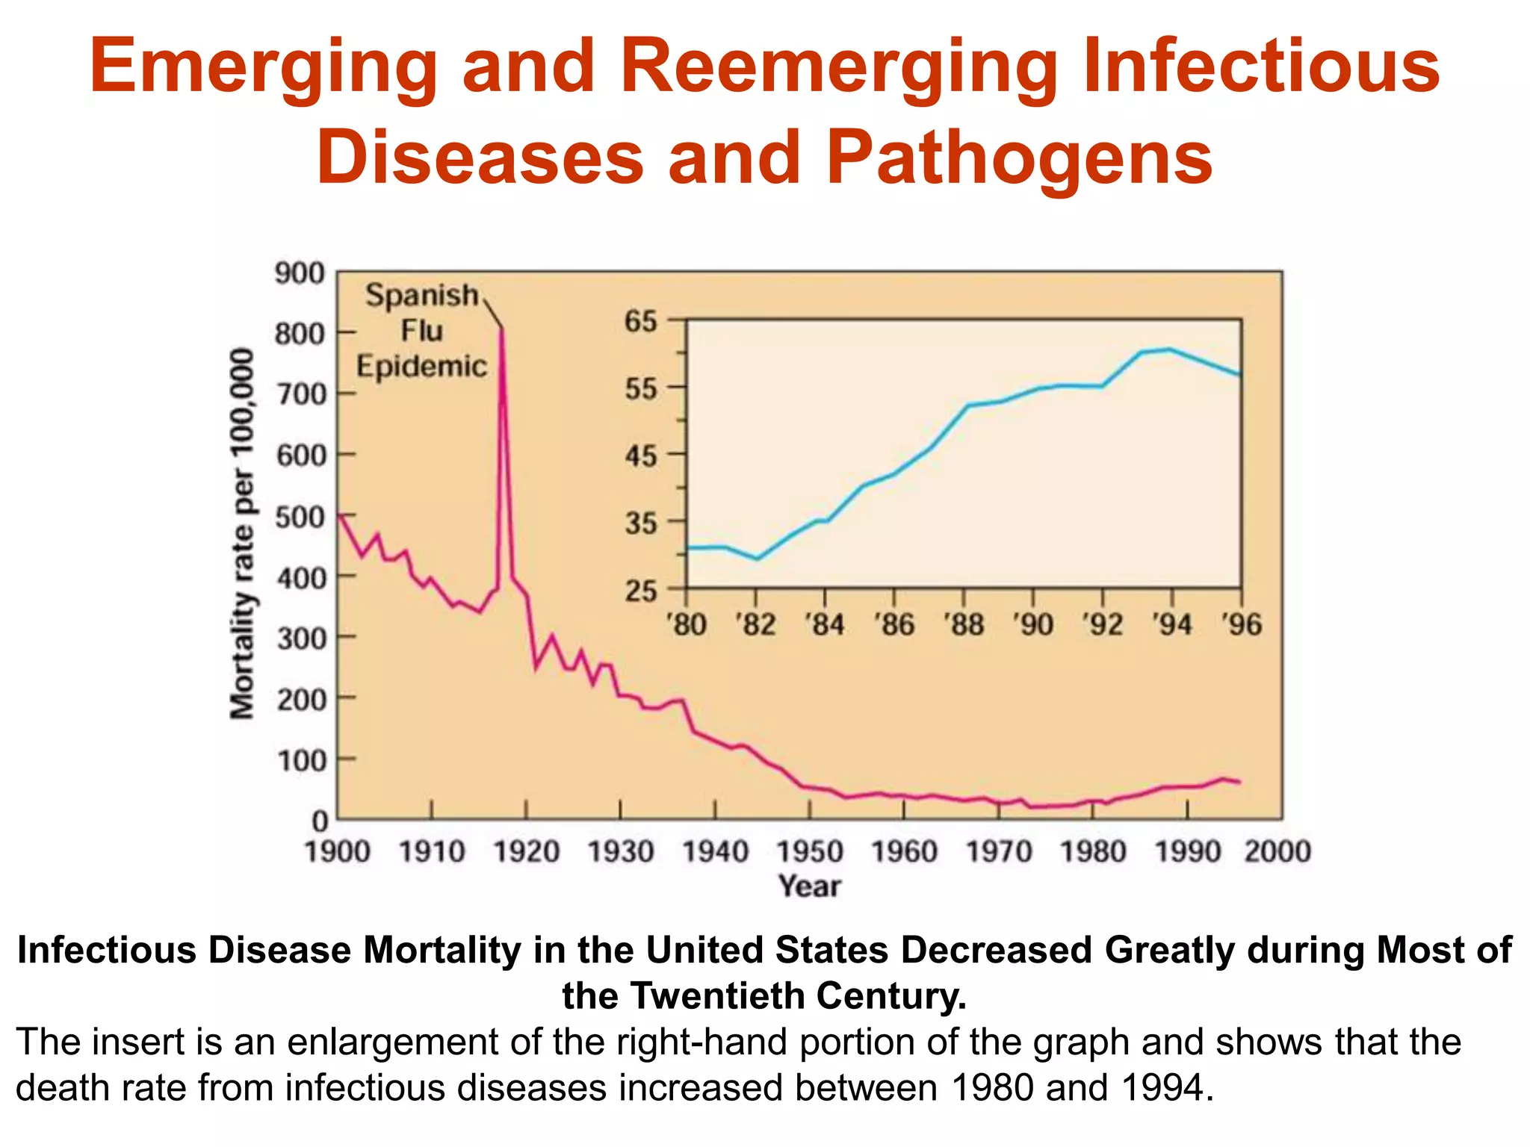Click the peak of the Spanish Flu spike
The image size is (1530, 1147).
[501, 329]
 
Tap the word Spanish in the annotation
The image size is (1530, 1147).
[421, 296]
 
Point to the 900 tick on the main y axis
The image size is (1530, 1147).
[300, 273]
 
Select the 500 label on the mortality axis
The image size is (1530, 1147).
[300, 517]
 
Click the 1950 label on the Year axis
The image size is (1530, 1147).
[810, 851]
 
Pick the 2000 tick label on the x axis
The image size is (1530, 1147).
[1277, 851]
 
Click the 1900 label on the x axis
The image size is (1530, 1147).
[338, 851]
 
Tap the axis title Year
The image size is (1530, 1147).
[810, 886]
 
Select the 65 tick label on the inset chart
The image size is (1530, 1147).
[640, 322]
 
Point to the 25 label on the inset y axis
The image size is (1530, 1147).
[640, 591]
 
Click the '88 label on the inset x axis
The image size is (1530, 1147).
[964, 624]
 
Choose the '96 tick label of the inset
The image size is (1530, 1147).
[1242, 624]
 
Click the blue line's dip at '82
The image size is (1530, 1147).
[757, 558]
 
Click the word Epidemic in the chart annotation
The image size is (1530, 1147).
[421, 367]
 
